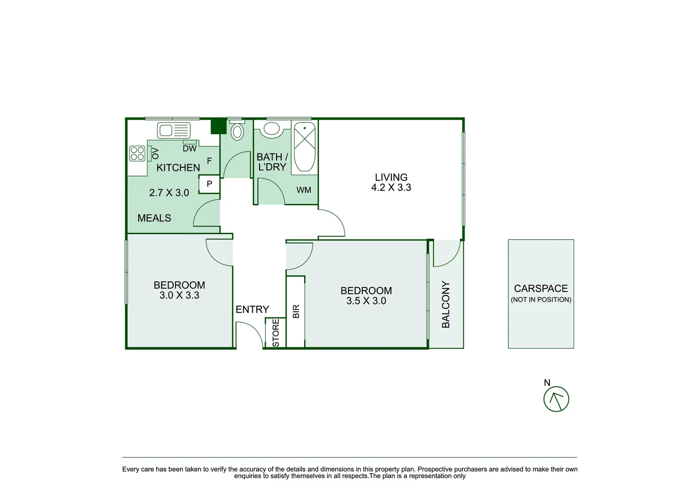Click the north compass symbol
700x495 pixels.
pos(556,399)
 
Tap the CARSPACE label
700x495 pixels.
pos(541,289)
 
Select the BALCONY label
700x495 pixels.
pos(445,304)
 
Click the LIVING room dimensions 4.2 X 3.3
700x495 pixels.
pos(391,187)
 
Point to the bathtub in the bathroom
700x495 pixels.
pos(304,147)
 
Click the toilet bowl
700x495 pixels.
pos(237,132)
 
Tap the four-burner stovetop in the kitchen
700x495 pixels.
pos(137,154)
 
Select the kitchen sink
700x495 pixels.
pos(174,131)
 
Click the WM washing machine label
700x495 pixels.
pos(304,190)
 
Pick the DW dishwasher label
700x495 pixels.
pos(190,148)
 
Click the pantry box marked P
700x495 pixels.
pos(209,184)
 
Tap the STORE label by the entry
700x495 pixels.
pos(276,333)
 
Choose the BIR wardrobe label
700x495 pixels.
pos(296,311)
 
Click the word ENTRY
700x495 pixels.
pos(252,309)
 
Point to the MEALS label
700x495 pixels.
pos(154,218)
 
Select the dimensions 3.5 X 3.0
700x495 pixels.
pos(366,301)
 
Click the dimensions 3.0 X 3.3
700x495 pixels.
pos(179,295)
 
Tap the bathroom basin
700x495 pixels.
pos(271,129)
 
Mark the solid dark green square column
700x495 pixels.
pos(218,126)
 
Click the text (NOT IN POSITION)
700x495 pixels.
pos(541,300)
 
